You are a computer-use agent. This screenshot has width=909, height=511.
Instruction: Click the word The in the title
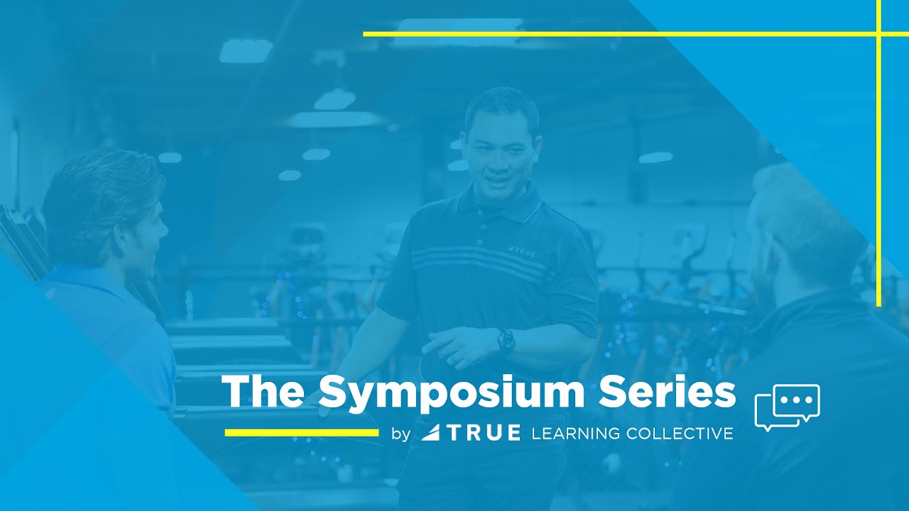[x=263, y=391]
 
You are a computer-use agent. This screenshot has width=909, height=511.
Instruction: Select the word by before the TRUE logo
[x=401, y=434]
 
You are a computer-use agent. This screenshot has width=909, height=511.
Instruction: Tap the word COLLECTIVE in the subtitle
[x=680, y=434]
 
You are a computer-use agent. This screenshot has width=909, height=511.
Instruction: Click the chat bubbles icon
[x=787, y=407]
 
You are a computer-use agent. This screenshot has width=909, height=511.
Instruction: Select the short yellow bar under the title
[x=302, y=433]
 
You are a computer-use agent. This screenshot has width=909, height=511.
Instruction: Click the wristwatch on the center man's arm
[x=506, y=341]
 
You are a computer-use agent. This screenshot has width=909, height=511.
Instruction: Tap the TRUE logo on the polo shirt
[x=522, y=251]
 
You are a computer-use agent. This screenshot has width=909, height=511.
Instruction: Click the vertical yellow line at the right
[x=879, y=153]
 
